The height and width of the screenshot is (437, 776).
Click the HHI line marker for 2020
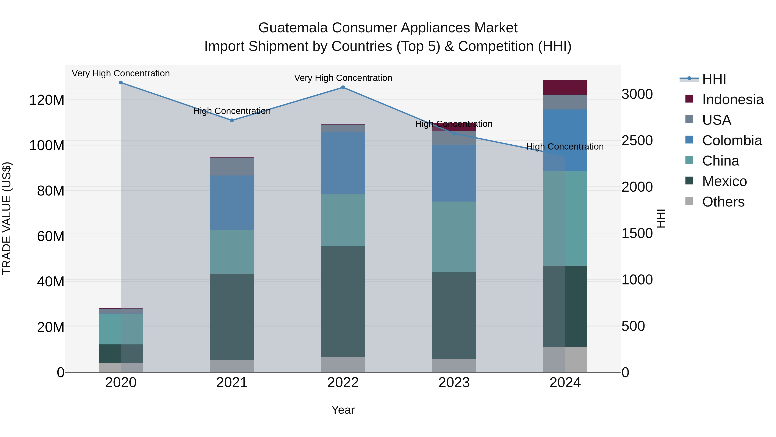pos(121,83)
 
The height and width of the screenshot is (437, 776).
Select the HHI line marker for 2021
pos(232,120)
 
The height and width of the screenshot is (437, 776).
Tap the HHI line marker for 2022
pos(343,87)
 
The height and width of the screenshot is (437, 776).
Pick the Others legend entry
pos(723,202)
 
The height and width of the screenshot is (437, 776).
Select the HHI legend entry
pos(714,79)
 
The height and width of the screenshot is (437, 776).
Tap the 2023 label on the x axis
pos(454,383)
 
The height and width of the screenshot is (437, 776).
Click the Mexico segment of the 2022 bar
pos(343,302)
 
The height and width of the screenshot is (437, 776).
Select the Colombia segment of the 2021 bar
pos(232,203)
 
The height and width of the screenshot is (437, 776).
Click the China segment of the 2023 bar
pos(454,237)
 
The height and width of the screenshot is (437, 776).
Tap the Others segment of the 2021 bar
pos(232,366)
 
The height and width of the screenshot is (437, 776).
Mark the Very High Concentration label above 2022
pos(343,78)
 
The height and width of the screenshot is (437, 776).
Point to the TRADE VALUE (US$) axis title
pos(7,218)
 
